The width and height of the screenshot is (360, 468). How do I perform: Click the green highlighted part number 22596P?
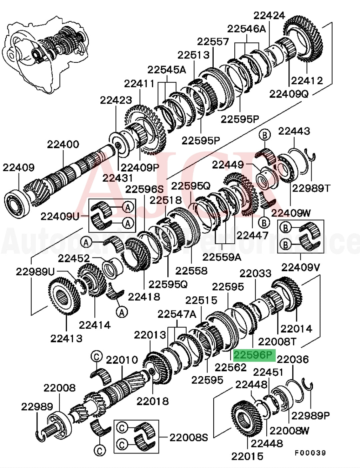click(x=254, y=355)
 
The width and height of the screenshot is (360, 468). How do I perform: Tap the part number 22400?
click(x=63, y=145)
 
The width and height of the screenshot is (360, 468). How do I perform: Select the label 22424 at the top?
click(x=269, y=15)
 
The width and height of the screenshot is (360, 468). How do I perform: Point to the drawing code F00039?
click(x=310, y=453)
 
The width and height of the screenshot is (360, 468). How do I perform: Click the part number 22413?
click(x=66, y=338)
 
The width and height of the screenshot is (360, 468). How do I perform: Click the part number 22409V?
click(x=301, y=267)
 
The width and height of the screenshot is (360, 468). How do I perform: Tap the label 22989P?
click(x=310, y=416)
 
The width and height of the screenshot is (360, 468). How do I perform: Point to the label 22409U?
click(x=60, y=217)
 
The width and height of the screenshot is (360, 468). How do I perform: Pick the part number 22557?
click(x=213, y=42)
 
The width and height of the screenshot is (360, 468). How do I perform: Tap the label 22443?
click(x=294, y=131)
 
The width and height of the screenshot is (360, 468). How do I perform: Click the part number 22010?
click(x=122, y=360)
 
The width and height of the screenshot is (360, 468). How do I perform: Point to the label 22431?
click(x=117, y=178)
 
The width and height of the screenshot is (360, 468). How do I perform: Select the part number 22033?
click(x=255, y=274)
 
